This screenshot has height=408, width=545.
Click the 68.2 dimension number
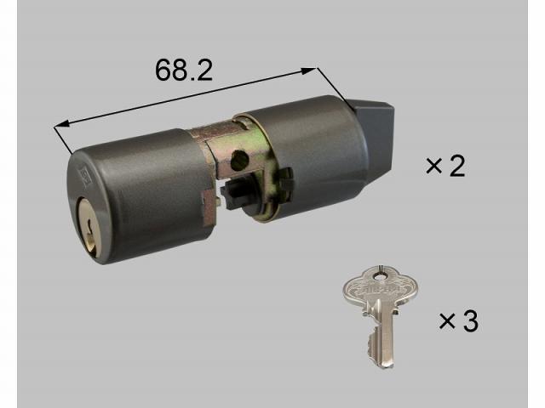click(183, 70)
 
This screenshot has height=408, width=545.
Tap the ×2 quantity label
click(445, 166)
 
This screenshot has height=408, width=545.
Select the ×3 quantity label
click(459, 320)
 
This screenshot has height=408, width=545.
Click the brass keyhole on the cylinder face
click(89, 225)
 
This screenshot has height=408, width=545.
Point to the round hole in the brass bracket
click(240, 160)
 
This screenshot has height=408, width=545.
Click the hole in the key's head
click(380, 275)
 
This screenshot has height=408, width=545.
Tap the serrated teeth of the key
click(372, 342)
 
